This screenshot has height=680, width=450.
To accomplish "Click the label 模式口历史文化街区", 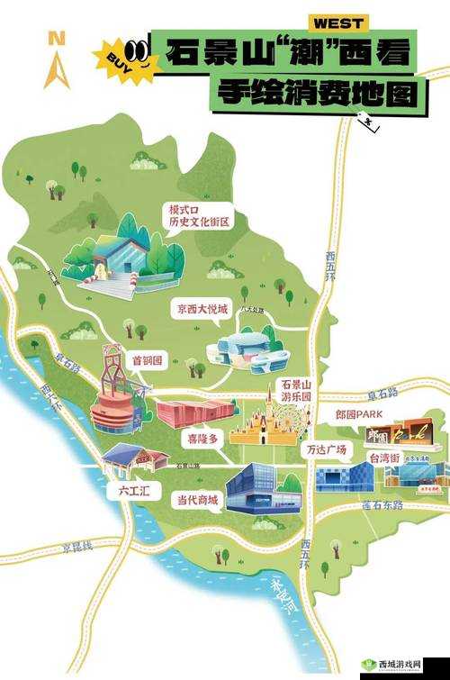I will click(x=199, y=215).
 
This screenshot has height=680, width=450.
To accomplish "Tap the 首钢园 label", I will click(x=147, y=360).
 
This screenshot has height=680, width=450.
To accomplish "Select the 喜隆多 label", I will click(x=202, y=439).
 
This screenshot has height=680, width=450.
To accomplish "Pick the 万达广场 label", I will click(x=328, y=448).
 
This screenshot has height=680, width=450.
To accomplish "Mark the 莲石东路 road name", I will click(x=384, y=505).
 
